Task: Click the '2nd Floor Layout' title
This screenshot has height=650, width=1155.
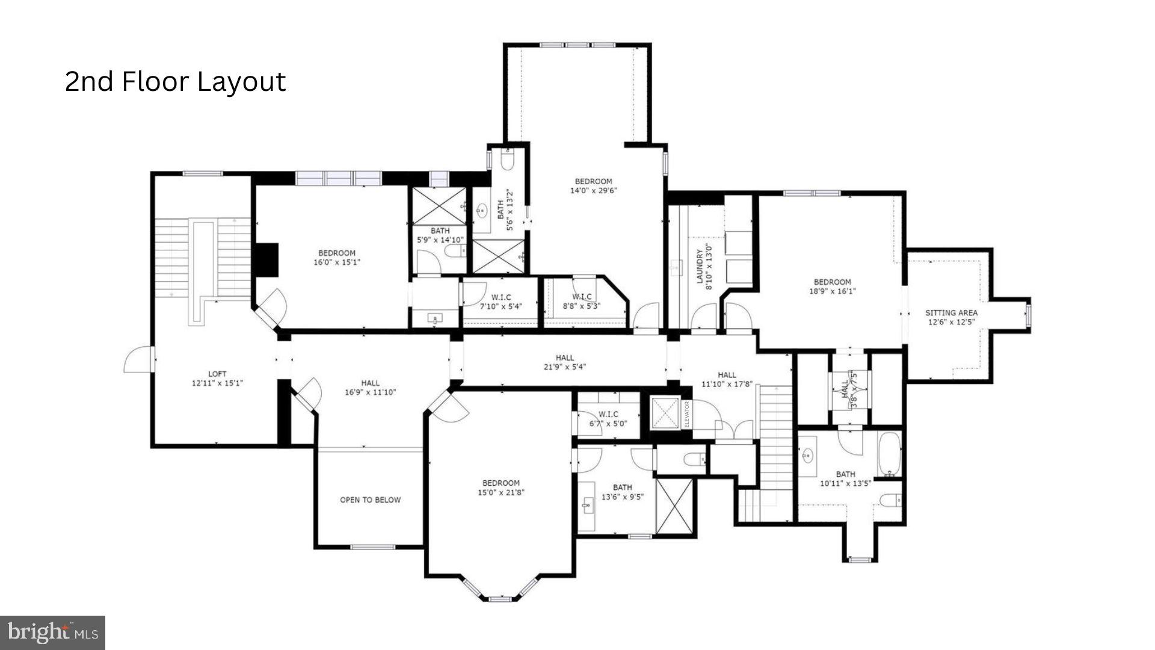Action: coord(175,82)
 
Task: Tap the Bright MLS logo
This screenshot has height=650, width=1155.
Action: coord(53,633)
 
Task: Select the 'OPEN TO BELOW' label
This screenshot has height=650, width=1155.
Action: coord(370,500)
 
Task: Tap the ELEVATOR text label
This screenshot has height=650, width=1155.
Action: coord(686,414)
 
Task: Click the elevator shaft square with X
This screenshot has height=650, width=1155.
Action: coord(665,413)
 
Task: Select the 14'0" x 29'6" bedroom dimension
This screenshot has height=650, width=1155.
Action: coord(593,191)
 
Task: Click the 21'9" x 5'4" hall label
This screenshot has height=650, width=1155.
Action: coord(564,362)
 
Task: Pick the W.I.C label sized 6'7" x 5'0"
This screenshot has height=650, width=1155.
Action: coord(608,419)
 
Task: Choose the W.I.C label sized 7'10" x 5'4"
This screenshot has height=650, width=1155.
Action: coord(500,302)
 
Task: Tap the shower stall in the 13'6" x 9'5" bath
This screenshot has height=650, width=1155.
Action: coord(673,506)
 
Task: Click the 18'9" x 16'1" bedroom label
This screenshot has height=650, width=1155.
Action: coord(833,286)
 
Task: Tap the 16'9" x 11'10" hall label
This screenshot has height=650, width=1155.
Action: coord(370,388)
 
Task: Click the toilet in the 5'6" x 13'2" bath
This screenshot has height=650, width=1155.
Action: coord(507,159)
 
